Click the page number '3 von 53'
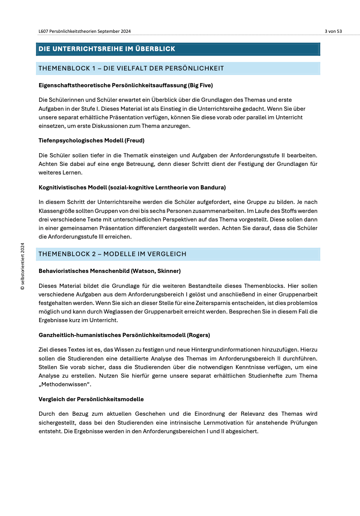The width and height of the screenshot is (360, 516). [333, 31]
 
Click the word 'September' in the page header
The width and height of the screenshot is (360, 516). [108, 31]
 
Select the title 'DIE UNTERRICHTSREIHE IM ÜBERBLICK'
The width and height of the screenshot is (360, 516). [107, 49]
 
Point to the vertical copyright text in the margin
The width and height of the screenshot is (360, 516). [23, 267]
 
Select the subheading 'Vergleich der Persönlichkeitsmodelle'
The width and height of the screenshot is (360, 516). [91, 399]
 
